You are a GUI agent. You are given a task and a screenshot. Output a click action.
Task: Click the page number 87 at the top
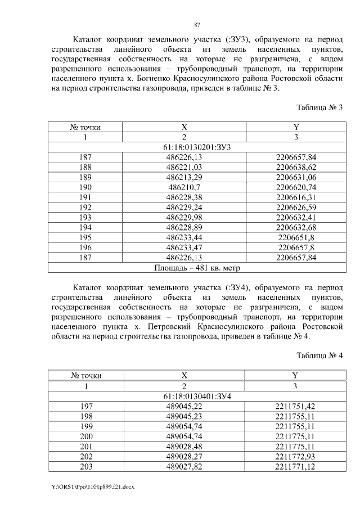tap(196, 24)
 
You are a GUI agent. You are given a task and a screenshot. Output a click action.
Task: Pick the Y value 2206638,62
tap(296, 168)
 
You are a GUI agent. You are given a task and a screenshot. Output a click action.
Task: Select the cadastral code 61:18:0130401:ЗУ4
tap(196, 395)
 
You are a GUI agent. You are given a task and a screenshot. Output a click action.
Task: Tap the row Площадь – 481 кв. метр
tap(196, 268)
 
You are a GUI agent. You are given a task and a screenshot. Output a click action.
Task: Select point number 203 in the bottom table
tap(85, 467)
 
